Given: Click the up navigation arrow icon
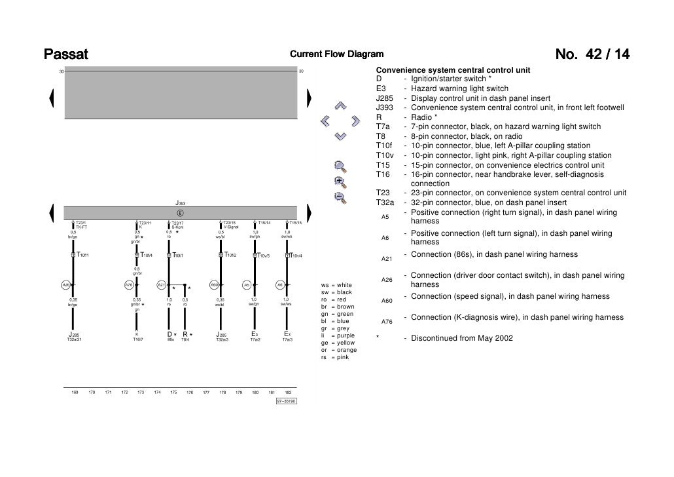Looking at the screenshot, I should [340, 105].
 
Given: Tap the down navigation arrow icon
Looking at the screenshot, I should [340, 136].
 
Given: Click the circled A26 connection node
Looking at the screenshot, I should [65, 285].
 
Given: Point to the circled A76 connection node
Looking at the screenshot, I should [129, 285].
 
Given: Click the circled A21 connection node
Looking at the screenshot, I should [161, 285].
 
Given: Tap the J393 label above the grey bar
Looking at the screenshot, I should [180, 204].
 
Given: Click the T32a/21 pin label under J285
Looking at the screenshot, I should [74, 339].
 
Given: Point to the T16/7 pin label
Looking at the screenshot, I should [137, 339].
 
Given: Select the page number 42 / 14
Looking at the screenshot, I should [592, 54].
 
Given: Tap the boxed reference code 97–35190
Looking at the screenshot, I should [286, 401].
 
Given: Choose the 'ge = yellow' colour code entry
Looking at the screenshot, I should [338, 343].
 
